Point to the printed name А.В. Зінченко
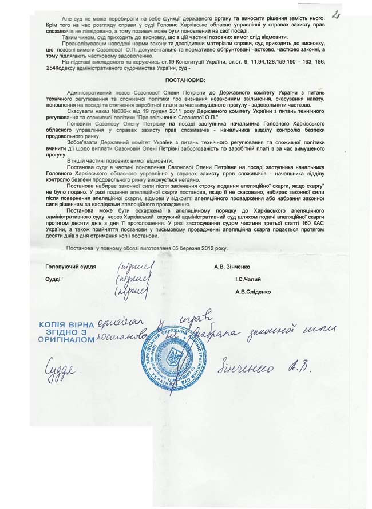tap(232, 267)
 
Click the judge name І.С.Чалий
tap(248, 279)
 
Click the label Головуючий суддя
tap(71, 267)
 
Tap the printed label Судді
tap(53, 279)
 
